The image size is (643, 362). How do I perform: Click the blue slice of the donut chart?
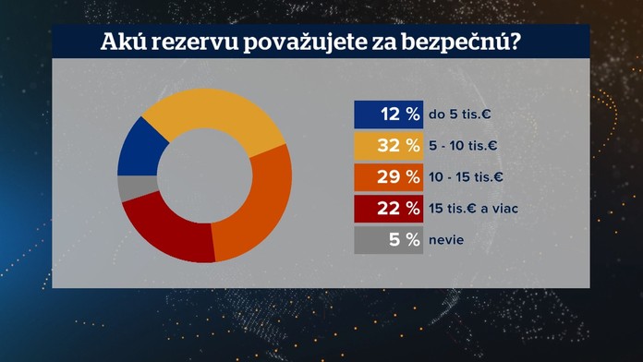(139, 147)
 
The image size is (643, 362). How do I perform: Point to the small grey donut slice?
(127, 187)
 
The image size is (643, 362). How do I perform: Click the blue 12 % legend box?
(388, 115)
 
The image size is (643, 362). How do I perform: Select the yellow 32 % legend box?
(388, 146)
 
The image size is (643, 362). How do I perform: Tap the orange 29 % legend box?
(388, 177)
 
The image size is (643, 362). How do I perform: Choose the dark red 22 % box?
(388, 209)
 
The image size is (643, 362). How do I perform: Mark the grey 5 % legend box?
(388, 240)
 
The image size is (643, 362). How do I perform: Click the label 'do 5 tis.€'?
(461, 115)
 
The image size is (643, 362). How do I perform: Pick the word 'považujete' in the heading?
(313, 43)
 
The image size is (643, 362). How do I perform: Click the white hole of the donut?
(204, 175)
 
